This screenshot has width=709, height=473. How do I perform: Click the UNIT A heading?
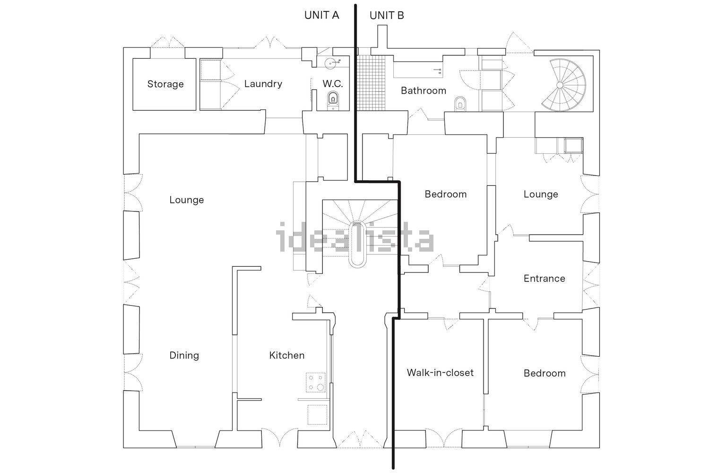321,15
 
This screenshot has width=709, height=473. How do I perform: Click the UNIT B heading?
387,15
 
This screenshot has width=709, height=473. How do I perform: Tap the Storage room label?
165,84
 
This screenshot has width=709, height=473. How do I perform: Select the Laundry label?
263,84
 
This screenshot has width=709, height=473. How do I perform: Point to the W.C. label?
333,84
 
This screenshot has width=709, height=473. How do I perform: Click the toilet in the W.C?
333,99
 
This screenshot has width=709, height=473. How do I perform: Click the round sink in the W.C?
331,63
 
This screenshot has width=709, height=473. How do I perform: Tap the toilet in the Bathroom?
460,104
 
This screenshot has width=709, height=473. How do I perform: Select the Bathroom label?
424,91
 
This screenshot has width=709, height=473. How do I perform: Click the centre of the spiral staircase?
560,85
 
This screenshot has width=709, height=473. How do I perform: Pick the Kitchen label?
287,355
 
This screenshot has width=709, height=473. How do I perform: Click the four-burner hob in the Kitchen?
316,382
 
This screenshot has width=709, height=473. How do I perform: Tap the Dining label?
184,355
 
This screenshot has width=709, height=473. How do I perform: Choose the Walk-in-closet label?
440,373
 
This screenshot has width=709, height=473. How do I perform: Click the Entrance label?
545,279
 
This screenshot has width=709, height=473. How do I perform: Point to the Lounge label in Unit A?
186,200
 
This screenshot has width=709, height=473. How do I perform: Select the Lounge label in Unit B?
541,194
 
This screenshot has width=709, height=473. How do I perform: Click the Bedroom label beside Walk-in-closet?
545,373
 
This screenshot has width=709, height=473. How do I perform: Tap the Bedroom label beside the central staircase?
446,194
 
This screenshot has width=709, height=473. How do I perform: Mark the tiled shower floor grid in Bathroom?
371,83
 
